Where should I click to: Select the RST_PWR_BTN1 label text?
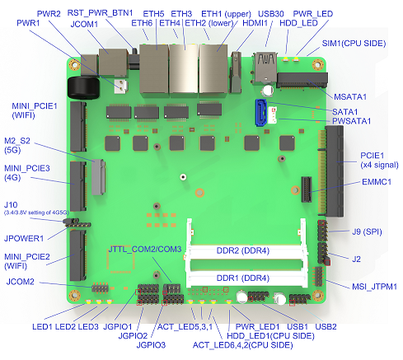pos(100,12)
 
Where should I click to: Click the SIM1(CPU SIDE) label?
pos(355,40)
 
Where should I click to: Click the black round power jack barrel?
pos(82,86)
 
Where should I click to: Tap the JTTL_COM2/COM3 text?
pos(145,249)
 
